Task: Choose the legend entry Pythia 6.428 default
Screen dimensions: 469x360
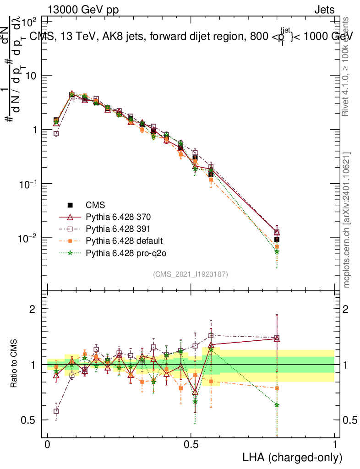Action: [119, 240]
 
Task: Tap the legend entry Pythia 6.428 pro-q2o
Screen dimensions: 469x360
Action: [120, 252]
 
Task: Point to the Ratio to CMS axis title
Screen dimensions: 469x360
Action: [15, 365]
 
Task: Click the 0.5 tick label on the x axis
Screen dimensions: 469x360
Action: [191, 445]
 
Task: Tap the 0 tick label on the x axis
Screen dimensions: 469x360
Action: [48, 445]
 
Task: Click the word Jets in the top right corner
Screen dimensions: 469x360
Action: [324, 10]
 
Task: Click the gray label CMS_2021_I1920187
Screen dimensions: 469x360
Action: [191, 274]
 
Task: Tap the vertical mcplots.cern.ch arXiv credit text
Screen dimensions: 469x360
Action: [347, 220]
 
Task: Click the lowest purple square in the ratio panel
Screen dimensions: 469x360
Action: [56, 411]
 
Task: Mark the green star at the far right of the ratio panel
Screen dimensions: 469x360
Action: [277, 405]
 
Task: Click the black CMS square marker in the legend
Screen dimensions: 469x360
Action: [71, 205]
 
